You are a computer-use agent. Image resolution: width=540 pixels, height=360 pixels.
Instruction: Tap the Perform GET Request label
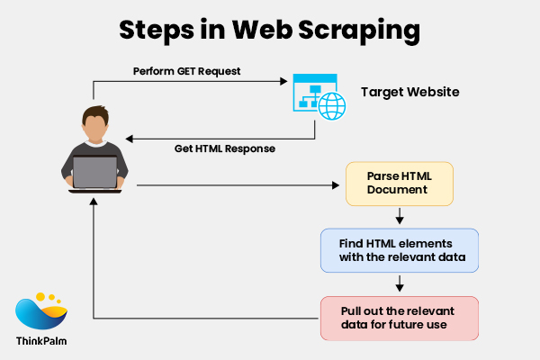tap(186, 70)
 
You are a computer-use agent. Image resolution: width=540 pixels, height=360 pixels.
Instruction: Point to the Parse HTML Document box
tap(399, 184)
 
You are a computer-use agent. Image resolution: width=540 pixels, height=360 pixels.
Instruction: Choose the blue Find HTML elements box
tap(400, 250)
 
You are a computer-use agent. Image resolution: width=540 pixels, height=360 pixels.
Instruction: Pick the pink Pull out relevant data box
tap(400, 318)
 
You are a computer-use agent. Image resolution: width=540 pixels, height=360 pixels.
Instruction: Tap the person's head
tap(94, 124)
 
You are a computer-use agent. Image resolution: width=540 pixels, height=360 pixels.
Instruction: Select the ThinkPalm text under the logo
tap(40, 341)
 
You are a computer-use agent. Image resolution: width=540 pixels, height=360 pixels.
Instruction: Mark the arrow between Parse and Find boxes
tap(400, 217)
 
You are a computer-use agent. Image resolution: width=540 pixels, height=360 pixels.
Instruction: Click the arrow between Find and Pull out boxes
tap(400, 284)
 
